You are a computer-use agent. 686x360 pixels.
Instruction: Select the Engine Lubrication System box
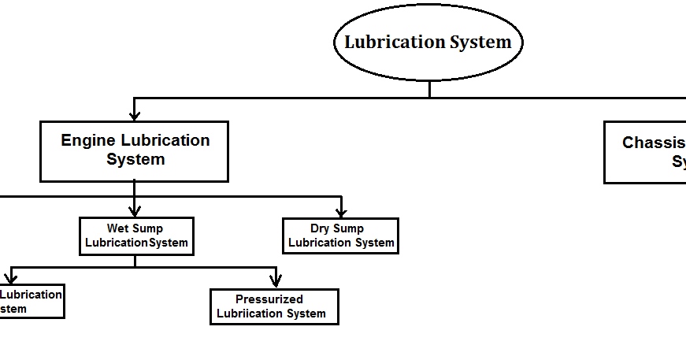pos(135,151)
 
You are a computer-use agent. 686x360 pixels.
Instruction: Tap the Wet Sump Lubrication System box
pos(136,236)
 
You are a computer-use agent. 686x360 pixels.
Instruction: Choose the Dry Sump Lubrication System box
pos(340,236)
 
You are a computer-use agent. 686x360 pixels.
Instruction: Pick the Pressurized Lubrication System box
pos(274,306)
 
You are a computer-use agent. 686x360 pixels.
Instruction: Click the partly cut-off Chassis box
pos(645,152)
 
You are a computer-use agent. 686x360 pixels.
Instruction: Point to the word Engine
pos(88,141)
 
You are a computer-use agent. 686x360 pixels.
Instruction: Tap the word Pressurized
pos(269,299)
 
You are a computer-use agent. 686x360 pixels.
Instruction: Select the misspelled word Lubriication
pos(250,314)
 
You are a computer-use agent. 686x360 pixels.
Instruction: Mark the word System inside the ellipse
pos(480,42)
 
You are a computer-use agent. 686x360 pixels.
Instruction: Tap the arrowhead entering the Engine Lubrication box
pos(135,115)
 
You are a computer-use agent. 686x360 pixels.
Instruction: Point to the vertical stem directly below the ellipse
pos(429,89)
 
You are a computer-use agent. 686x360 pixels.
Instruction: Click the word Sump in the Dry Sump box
pos(348,229)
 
